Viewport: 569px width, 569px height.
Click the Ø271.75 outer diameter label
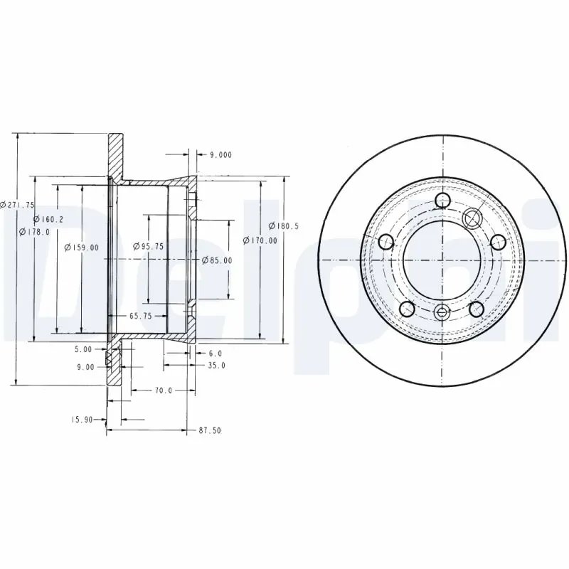pos(18,205)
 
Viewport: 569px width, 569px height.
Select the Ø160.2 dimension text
pos(48,219)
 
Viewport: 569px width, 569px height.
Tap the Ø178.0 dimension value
pos(35,232)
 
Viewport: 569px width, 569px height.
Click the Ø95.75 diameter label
pos(149,246)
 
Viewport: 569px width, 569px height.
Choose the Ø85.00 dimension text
pos(216,260)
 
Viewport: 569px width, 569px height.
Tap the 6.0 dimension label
pos(216,353)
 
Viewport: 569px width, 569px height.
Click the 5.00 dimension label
pos(84,349)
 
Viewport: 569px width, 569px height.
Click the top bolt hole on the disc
pos(442,200)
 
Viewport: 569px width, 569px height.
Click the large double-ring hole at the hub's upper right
pos(472,217)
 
